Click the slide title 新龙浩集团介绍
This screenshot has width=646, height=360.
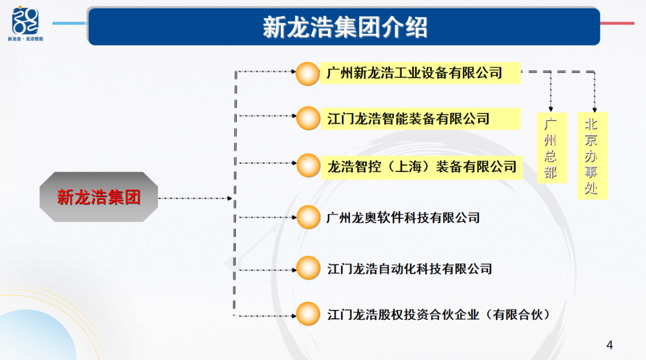[345, 27]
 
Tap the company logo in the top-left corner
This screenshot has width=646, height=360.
[25, 24]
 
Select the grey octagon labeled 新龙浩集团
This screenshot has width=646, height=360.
[99, 197]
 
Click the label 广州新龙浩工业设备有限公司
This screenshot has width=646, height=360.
[414, 73]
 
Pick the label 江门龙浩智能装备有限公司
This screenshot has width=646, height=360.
[409, 118]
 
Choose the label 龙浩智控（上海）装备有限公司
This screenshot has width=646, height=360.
[422, 167]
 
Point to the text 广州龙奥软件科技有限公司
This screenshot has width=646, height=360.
[403, 218]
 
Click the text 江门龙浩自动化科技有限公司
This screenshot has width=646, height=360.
[410, 269]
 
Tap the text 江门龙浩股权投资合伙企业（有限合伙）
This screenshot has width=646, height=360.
[439, 315]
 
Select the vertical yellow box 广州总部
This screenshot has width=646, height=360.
[552, 148]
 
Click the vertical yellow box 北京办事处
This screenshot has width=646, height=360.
[592, 155]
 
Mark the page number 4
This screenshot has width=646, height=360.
[610, 345]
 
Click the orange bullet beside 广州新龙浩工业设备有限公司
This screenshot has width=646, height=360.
[308, 74]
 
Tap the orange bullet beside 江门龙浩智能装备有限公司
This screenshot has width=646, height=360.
[308, 118]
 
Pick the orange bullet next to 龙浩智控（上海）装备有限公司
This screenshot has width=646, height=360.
[308, 166]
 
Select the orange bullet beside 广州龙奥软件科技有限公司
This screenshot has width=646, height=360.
[308, 217]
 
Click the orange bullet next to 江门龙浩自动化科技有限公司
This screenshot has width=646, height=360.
[308, 268]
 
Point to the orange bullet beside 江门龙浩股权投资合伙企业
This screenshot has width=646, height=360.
[308, 314]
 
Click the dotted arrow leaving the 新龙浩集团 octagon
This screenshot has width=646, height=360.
[196, 198]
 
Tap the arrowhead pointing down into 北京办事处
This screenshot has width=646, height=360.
[595, 110]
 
